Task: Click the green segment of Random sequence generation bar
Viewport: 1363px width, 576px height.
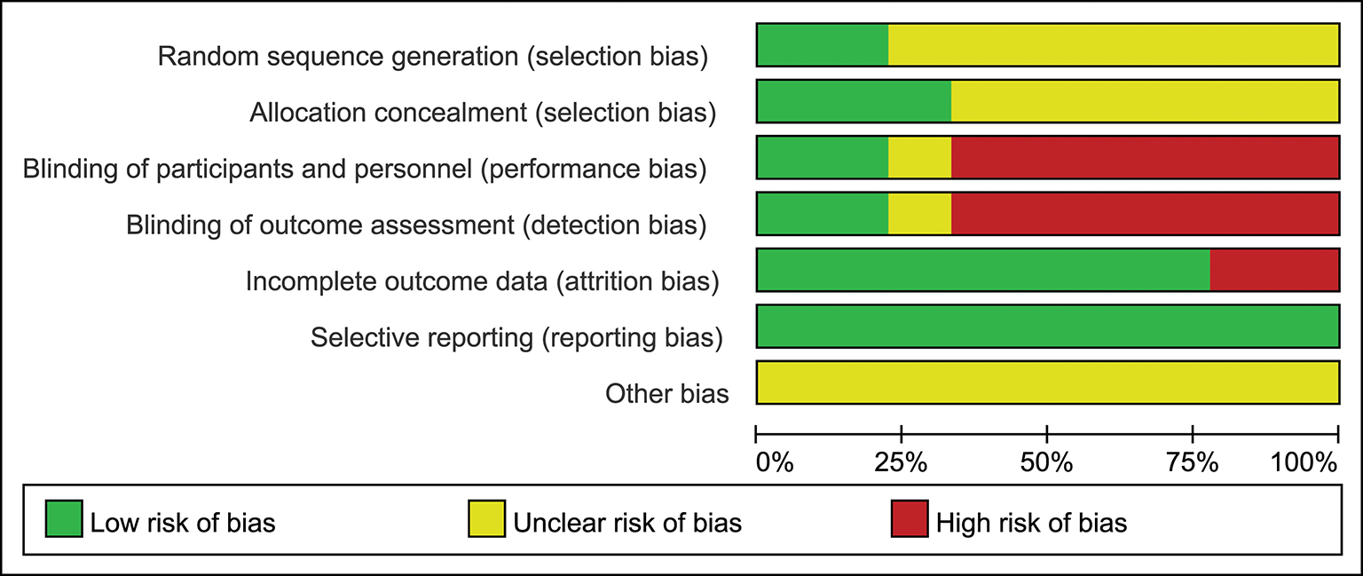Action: pos(822,45)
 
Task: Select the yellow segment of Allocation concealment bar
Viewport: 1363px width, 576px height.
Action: pos(1145,101)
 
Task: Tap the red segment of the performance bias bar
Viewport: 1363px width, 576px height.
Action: pos(1145,157)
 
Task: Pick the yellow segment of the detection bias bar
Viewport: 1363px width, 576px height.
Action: pos(919,213)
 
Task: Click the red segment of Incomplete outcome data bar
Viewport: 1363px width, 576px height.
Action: pos(1273,270)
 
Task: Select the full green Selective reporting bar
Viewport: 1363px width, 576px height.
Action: pos(1047,326)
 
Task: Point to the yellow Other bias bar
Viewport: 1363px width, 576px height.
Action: pos(1047,383)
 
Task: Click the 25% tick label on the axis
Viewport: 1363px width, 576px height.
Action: pos(902,462)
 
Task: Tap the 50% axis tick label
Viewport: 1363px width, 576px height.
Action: pos(1047,462)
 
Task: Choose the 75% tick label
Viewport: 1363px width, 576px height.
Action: pos(1193,462)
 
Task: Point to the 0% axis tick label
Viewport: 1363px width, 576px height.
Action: pos(774,462)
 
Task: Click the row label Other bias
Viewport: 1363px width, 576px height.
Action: pos(666,393)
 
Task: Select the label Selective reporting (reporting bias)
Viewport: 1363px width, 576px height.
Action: pos(516,337)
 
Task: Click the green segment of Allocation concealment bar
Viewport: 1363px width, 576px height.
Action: pos(854,101)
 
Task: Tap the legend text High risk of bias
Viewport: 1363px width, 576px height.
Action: pos(1031,523)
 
